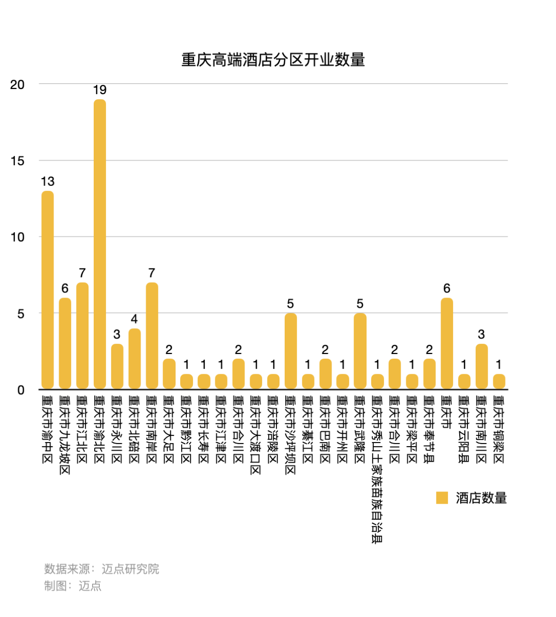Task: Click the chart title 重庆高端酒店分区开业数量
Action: [273, 60]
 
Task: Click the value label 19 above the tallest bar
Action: [100, 90]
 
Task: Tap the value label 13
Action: [47, 182]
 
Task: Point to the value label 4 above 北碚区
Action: [134, 319]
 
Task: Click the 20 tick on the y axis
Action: [18, 84]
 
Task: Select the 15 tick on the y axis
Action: [18, 161]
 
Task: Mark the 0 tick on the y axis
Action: [21, 390]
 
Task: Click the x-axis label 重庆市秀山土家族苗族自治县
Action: [377, 469]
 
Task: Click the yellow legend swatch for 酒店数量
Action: [442, 498]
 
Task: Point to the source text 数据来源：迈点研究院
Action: [101, 569]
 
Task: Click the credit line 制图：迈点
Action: [73, 586]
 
